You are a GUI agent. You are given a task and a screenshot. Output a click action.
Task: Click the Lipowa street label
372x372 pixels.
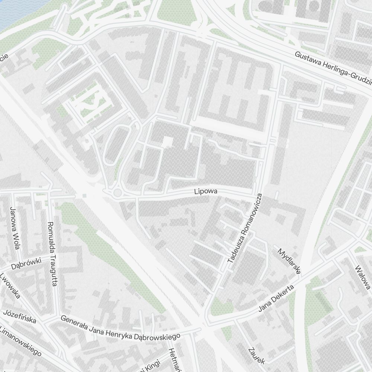click(x=205, y=192)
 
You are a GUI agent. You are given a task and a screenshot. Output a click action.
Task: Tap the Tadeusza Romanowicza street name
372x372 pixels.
click(x=245, y=228)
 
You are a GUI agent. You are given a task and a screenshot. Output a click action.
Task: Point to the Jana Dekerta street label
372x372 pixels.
click(x=276, y=299)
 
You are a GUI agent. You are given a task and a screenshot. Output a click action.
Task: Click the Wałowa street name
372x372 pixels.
click(x=362, y=277)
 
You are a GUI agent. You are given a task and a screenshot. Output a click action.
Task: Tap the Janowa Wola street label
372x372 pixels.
click(x=15, y=228)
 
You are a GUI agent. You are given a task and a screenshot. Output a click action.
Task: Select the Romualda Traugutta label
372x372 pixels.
click(x=52, y=254)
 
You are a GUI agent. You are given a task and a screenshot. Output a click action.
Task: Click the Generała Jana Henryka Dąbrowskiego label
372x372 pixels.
click(x=120, y=328)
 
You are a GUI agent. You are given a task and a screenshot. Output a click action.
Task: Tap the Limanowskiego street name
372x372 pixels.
click(x=20, y=341)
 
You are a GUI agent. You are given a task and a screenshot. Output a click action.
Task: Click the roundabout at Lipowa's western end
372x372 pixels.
click(x=118, y=192)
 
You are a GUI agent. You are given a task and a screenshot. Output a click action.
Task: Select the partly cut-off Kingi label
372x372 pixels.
click(x=151, y=366)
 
